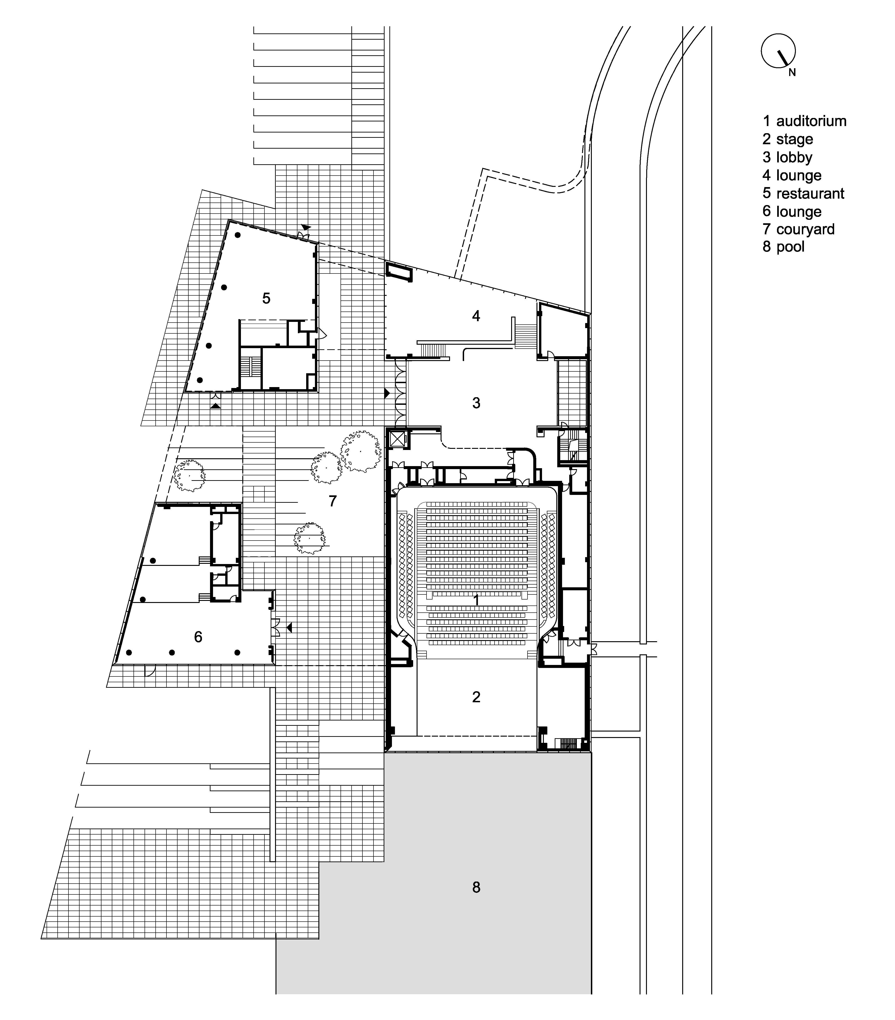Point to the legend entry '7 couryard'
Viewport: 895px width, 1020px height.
[798, 229]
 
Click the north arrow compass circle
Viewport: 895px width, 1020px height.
[778, 50]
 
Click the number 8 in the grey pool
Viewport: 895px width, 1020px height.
[476, 887]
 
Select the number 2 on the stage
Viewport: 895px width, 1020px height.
[476, 697]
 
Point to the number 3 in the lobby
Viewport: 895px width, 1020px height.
[476, 403]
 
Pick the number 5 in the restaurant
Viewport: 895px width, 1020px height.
[266, 298]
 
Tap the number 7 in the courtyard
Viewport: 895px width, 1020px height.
[333, 500]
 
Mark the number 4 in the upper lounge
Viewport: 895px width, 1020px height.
[476, 316]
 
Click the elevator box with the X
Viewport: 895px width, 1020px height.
[398, 440]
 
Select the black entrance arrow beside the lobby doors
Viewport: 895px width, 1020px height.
[387, 393]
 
